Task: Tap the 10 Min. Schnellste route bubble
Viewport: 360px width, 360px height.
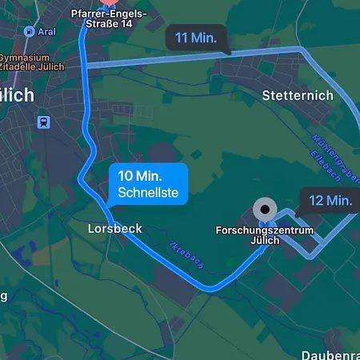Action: (x=147, y=184)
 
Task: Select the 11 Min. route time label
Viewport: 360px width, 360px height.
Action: (x=196, y=38)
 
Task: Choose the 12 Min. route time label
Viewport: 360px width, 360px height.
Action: (x=329, y=200)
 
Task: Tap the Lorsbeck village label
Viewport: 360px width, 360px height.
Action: (x=114, y=229)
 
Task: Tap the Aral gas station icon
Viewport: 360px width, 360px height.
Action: (x=30, y=31)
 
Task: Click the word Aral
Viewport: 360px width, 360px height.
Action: (x=47, y=31)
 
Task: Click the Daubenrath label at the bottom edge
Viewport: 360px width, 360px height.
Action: (x=330, y=354)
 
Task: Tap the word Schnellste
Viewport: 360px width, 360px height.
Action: (x=147, y=193)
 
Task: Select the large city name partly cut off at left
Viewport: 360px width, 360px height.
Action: (x=16, y=94)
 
